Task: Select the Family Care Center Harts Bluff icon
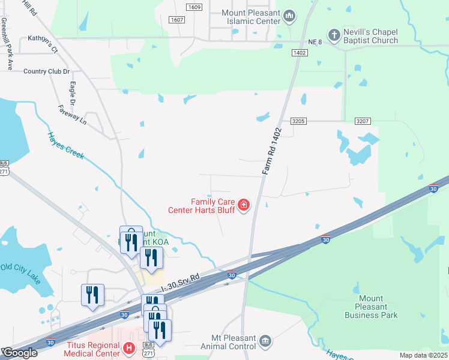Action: coord(244,206)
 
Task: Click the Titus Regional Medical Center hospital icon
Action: coord(128,347)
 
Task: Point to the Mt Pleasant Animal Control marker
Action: coord(265,341)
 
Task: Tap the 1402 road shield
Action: coord(300,53)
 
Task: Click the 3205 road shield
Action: coord(300,121)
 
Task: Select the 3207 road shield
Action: coord(362,121)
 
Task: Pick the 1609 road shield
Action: coord(194,7)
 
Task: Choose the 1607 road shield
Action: coord(176,20)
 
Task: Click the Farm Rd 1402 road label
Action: coord(272,151)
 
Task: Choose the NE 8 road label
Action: coord(316,41)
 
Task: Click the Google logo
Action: coord(20,353)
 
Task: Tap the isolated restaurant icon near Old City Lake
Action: coord(92,295)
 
